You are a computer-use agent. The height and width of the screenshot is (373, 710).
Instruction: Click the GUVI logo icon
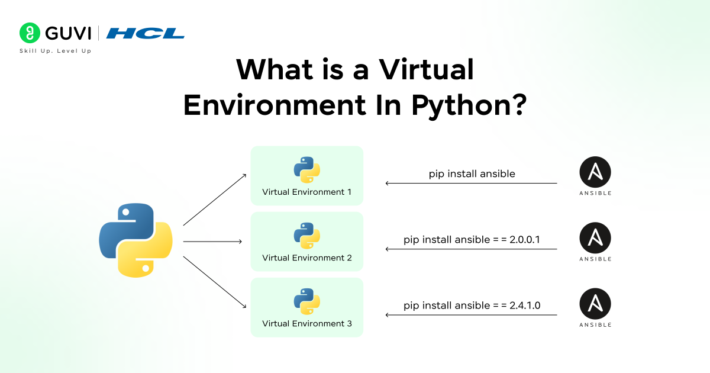pos(29,33)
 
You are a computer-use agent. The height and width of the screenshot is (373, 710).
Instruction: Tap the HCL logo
pos(146,33)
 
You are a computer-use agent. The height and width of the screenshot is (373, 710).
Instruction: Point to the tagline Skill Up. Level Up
pos(55,51)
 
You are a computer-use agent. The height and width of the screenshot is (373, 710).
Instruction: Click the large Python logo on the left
pos(135,240)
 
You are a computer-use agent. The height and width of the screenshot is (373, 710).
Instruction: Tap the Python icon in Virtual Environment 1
pos(306,170)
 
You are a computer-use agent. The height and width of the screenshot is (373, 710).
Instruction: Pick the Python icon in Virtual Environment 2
pos(306,236)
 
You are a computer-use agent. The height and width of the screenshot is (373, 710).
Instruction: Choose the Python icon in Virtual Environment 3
pos(306,301)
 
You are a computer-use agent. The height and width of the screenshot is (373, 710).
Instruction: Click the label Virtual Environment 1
pos(306,192)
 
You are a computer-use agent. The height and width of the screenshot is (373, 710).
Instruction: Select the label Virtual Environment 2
pos(306,258)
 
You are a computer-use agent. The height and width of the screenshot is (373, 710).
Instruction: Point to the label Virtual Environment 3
pos(306,323)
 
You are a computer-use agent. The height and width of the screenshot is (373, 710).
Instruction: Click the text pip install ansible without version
pos(472,173)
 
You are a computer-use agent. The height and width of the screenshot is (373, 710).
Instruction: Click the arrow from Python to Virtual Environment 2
pos(212,242)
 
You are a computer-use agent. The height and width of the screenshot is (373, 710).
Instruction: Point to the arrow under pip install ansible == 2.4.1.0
pos(472,315)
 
